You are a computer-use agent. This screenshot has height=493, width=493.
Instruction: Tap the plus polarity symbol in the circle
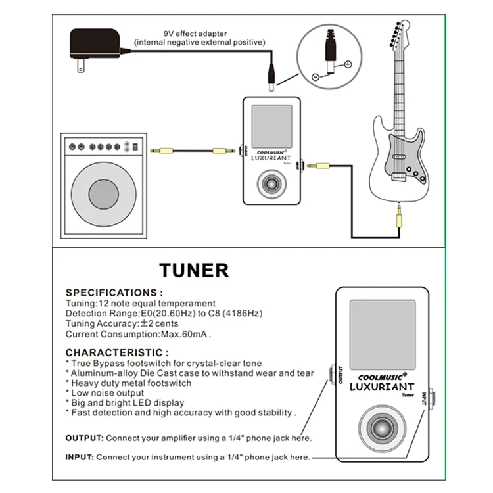[x=348, y=64]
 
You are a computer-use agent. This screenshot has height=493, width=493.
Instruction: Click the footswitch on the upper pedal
[x=271, y=185]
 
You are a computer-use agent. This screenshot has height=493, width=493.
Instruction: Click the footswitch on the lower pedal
[x=381, y=428]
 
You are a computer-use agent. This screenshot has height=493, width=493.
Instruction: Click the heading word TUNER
[x=194, y=270]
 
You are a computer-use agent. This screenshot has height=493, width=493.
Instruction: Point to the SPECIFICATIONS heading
[x=114, y=293]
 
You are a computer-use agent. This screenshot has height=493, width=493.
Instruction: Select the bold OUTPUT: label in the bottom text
[x=83, y=438]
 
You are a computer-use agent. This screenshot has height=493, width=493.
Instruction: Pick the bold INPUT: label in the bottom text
[x=80, y=457]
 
